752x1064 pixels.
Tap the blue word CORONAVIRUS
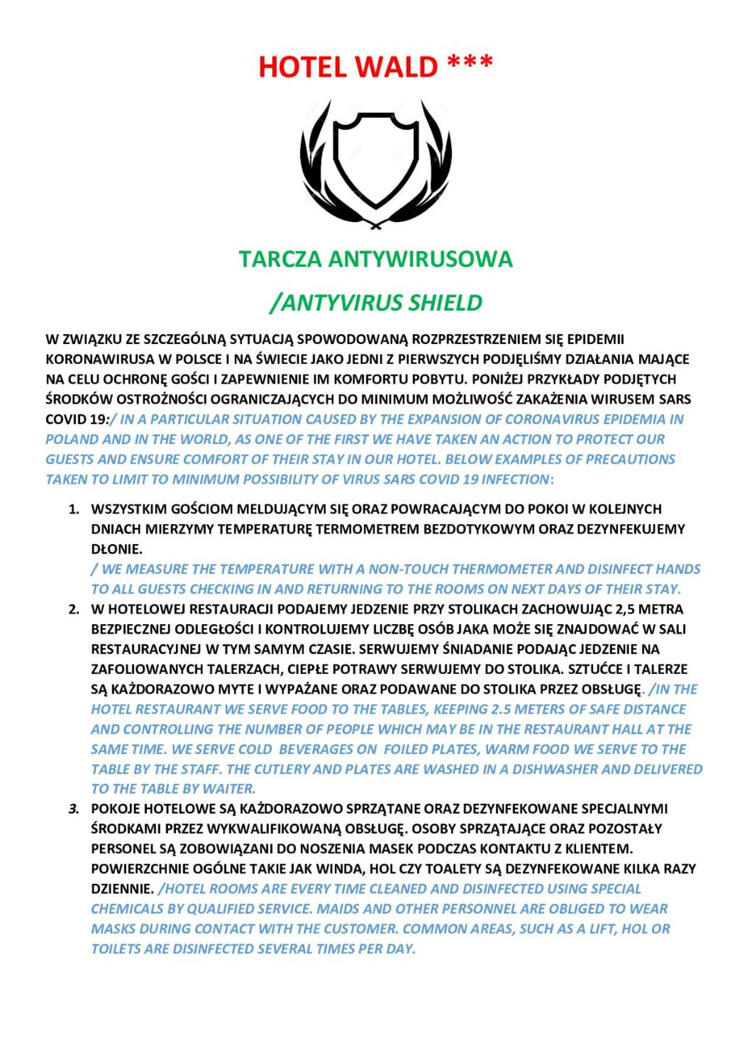point(549,419)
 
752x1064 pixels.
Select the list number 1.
point(73,509)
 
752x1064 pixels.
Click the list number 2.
point(73,609)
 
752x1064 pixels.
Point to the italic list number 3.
point(73,809)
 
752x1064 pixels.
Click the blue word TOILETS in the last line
point(115,949)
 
